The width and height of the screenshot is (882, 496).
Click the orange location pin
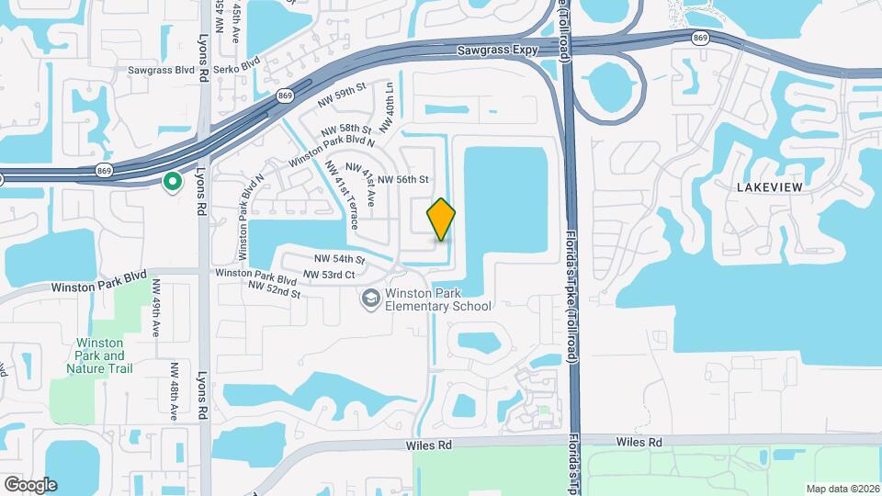(441, 220)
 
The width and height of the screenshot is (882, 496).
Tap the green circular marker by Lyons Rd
(172, 183)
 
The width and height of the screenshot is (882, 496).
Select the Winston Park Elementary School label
(438, 300)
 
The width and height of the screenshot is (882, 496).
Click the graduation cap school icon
(369, 298)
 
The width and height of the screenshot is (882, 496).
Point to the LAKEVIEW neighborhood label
(770, 187)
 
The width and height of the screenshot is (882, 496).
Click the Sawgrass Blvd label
(162, 70)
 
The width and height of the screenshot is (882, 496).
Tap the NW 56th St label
(403, 179)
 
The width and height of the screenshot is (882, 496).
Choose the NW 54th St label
(339, 260)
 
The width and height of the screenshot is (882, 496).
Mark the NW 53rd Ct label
(328, 275)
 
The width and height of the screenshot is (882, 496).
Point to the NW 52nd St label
(275, 289)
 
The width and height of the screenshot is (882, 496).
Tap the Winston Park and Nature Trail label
(100, 355)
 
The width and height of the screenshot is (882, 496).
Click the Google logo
(30, 485)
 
